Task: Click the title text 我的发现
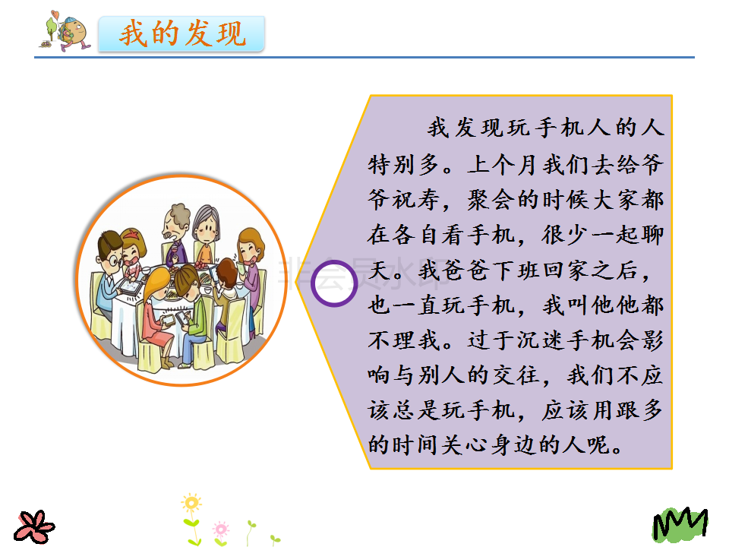click(182, 33)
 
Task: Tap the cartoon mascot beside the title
click(65, 30)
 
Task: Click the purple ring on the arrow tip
click(334, 283)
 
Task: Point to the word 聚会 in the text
click(491, 200)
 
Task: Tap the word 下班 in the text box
click(516, 270)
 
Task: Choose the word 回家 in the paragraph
click(566, 270)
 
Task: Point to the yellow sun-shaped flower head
click(191, 503)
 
